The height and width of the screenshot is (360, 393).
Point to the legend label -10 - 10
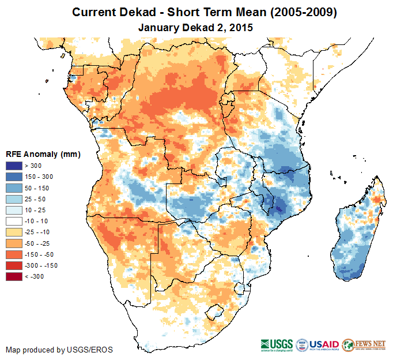37,222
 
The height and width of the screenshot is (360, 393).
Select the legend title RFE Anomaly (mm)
43,155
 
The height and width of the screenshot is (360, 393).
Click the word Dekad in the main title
135,12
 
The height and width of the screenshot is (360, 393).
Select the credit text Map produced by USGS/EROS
59,350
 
